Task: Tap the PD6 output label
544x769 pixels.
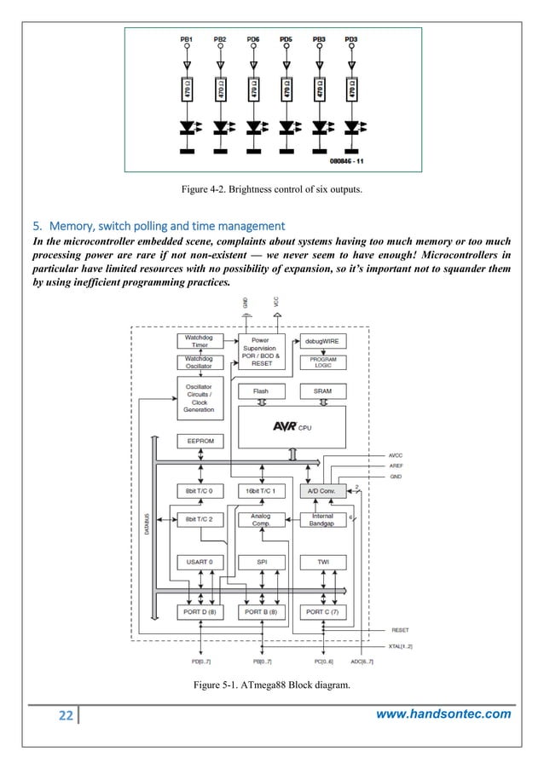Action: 253,39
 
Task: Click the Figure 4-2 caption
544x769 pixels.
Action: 272,189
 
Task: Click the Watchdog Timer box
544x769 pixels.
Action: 200,341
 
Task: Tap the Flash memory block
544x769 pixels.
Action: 261,390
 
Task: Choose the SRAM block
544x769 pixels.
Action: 322,390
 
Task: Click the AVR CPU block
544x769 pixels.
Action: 292,426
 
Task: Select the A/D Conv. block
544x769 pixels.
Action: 322,492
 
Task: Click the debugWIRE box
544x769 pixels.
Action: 322,341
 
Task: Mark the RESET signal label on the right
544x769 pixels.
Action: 399,630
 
